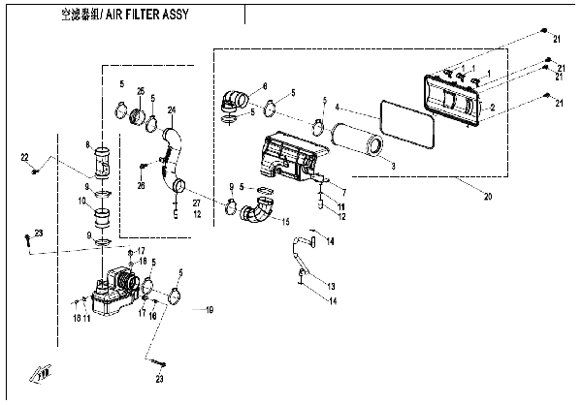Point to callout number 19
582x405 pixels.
tap(208, 309)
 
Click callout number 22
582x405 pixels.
tap(24, 156)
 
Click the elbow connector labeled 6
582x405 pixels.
tap(236, 99)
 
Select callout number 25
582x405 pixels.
tap(141, 92)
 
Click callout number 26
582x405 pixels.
tap(141, 187)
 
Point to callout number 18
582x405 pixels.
tap(76, 317)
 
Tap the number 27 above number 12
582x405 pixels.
tap(196, 203)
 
